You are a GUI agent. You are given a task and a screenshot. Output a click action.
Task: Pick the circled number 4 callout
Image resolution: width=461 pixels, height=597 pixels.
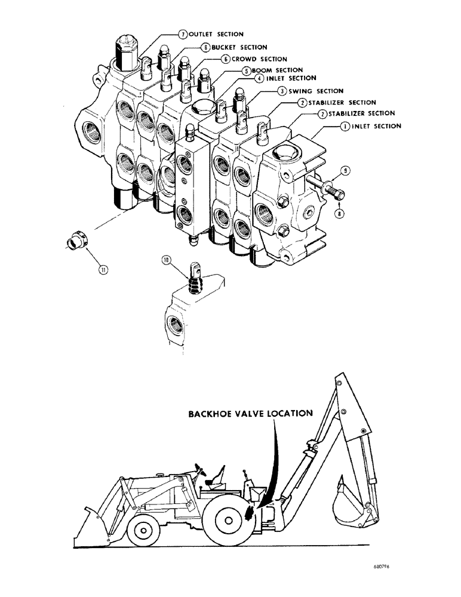click(259, 78)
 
